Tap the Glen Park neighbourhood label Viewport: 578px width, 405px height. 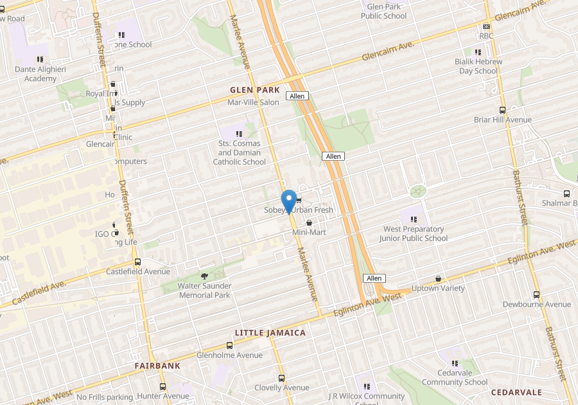[255, 90]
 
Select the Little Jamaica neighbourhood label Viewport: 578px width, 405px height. [270, 332]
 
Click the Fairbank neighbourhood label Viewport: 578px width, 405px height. [157, 365]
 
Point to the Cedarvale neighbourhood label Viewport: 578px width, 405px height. [516, 392]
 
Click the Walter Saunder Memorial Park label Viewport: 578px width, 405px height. [195, 290]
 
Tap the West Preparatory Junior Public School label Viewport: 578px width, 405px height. [413, 233]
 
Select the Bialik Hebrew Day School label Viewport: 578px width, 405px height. [478, 66]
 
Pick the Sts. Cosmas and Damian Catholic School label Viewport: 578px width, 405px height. [239, 153]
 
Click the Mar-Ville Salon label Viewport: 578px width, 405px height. [253, 102]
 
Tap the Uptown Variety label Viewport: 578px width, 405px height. [438, 288]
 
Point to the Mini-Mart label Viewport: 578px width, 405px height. [310, 231]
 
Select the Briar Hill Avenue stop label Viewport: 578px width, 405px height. [502, 120]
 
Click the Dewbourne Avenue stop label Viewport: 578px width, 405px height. [536, 304]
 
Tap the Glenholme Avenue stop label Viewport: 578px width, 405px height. [229, 355]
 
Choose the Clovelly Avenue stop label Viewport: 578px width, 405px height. [281, 388]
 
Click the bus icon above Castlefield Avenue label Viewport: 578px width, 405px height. [137, 262]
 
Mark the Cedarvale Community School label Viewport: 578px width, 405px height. [454, 377]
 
